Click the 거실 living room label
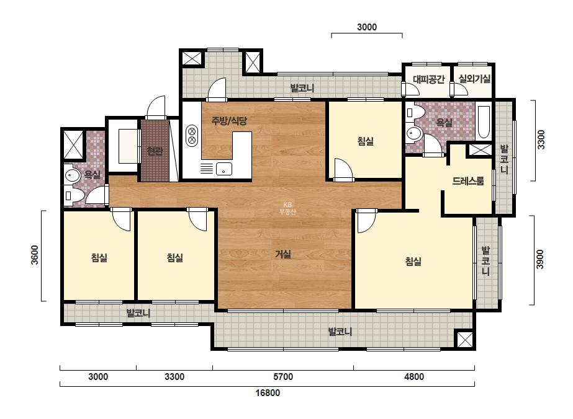coord(283,254)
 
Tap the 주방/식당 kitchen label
coord(229,120)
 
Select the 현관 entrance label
coord(155,151)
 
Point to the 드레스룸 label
coord(468,180)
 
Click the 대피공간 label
coord(428,79)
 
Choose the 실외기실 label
coord(474,79)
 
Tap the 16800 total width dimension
coord(268,393)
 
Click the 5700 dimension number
coord(283,377)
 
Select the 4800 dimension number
coord(414,377)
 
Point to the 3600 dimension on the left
coord(34,255)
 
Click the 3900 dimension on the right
coord(540,260)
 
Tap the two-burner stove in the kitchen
coord(191,135)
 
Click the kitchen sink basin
coord(223,169)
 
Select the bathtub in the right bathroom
coord(484,122)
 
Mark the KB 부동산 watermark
coord(287,208)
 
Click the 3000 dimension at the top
coord(367,27)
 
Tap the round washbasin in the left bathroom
coord(73,176)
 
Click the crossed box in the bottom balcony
coord(464,340)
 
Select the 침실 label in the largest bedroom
coord(413,262)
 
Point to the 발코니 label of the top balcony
coord(302,88)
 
